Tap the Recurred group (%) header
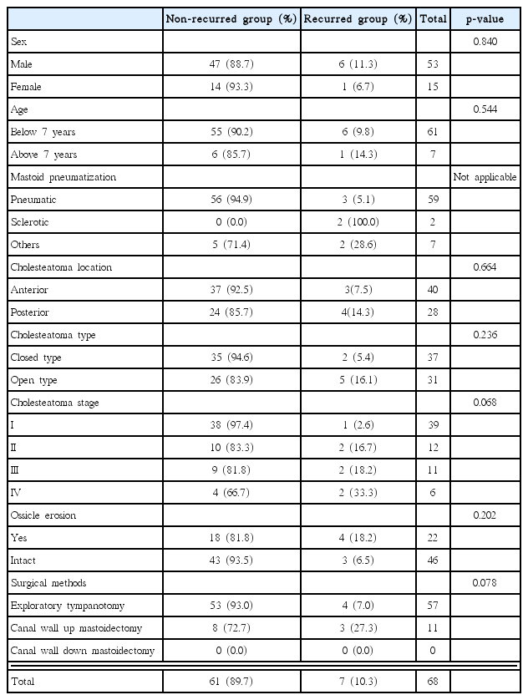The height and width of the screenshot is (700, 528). coord(358,18)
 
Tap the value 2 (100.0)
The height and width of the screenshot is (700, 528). coord(358,222)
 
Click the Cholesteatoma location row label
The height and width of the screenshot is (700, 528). coord(60,267)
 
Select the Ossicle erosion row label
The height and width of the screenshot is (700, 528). coord(43,516)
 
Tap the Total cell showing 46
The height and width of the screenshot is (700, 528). coord(432,561)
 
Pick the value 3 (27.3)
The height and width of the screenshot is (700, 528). coord(358,629)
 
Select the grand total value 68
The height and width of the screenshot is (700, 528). coord(432,682)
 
